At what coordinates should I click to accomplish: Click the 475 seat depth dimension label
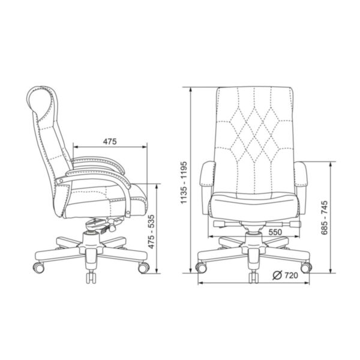110,142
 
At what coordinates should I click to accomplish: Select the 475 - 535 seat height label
151,232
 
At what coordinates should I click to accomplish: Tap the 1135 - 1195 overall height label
184,183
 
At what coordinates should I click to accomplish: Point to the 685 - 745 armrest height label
324,218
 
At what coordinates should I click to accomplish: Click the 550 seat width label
275,232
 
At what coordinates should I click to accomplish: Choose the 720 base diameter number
291,275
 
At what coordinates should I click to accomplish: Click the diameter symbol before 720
277,275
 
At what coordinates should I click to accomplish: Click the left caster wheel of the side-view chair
38,268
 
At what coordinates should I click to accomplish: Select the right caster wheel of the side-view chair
144,268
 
